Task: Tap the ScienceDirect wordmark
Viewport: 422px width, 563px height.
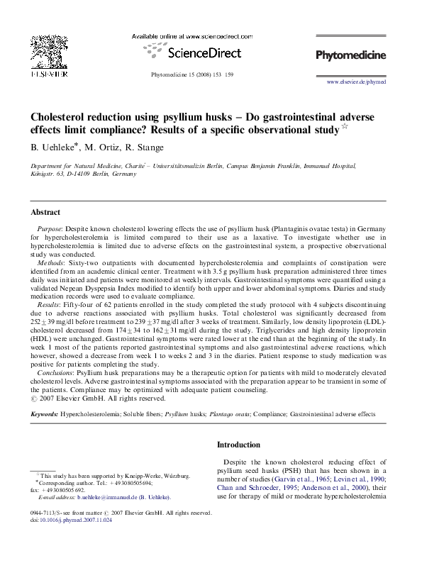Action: [204, 52]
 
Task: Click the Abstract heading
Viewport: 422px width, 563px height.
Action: [45, 212]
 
